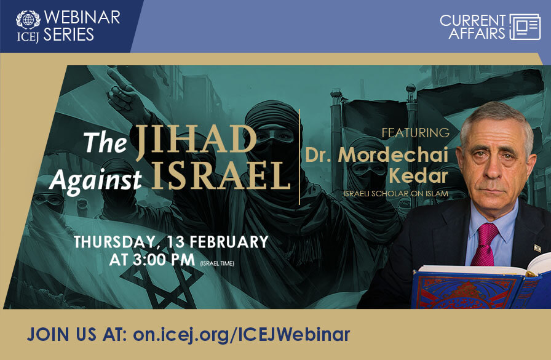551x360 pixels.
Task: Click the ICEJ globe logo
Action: click(28, 19)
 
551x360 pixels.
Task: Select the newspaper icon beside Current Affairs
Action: click(525, 26)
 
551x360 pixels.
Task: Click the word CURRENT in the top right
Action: click(472, 20)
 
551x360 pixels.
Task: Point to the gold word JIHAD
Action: click(195, 138)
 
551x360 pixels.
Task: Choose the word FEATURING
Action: click(415, 132)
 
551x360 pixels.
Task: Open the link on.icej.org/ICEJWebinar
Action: click(240, 334)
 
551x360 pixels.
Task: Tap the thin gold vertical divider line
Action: click(299, 156)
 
